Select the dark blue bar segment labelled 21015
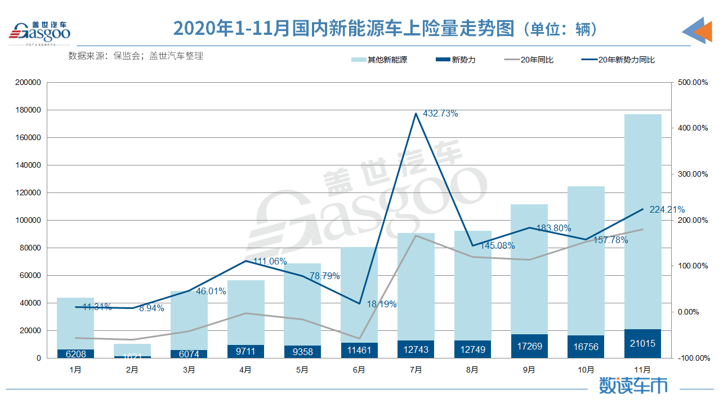click(642, 344)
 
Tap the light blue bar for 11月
click(642, 219)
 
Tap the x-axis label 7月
click(416, 370)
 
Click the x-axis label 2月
click(132, 370)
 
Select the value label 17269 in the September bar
click(529, 346)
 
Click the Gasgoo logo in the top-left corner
click(39, 32)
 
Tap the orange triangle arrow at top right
click(703, 32)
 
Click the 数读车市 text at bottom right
click(633, 385)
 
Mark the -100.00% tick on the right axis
click(691, 358)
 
